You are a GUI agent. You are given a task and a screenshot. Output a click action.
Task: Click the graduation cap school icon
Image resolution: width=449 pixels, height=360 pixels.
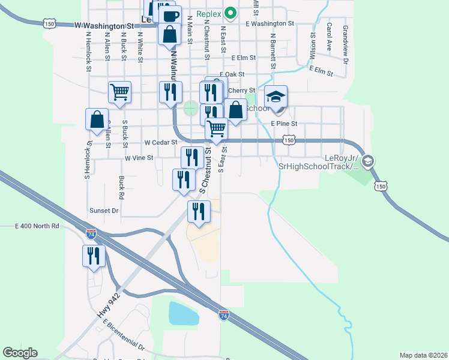click(276, 97)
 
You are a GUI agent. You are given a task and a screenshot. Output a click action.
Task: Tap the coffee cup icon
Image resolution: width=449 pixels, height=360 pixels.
click(169, 16)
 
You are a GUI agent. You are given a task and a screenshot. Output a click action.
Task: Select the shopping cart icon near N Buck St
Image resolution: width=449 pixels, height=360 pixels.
click(119, 92)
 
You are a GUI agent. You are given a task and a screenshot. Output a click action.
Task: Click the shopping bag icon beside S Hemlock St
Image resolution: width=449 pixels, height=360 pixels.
click(97, 119)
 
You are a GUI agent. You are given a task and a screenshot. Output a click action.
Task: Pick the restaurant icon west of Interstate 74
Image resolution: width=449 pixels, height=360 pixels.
click(94, 256)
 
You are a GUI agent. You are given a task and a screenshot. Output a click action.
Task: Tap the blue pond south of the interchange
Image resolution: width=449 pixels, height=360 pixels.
click(184, 313)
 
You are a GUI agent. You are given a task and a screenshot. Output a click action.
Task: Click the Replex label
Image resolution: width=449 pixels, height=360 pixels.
click(209, 12)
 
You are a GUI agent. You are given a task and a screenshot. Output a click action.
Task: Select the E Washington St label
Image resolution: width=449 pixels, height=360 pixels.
click(270, 23)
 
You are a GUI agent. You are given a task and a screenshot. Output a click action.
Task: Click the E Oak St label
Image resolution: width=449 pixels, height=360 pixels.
click(232, 74)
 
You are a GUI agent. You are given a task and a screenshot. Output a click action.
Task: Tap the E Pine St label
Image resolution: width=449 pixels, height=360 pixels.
click(284, 123)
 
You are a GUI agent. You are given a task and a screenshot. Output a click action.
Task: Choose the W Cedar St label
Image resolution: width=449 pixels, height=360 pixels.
click(161, 143)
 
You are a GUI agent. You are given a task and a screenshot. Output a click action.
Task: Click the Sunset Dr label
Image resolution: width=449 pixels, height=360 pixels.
click(104, 211)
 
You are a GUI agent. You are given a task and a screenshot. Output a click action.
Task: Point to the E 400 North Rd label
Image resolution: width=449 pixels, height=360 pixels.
click(37, 226)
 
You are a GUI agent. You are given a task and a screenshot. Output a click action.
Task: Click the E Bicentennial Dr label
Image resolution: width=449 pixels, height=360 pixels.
click(124, 335)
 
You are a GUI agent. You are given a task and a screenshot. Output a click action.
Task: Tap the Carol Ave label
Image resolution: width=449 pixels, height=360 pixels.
click(329, 37)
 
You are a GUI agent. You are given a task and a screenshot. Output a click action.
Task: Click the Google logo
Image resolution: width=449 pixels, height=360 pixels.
click(20, 353)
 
